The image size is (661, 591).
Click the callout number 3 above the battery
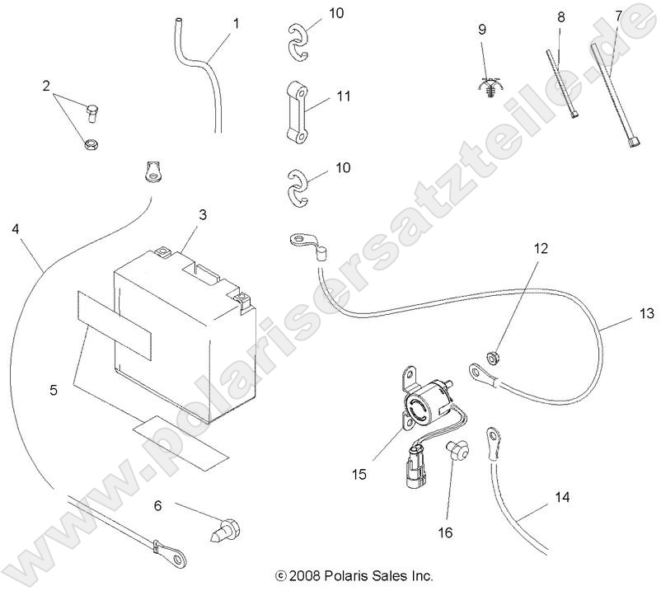(203, 214)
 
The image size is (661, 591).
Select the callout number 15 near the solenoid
(359, 476)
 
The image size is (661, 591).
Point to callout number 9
(482, 29)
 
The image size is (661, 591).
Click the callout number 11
(344, 96)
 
